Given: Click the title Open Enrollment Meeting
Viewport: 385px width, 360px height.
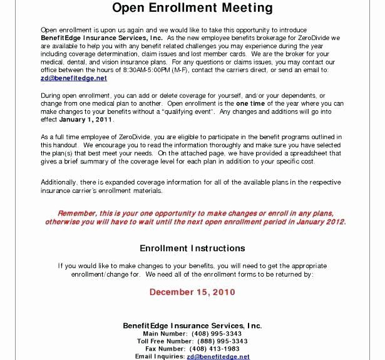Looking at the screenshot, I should (x=192, y=8).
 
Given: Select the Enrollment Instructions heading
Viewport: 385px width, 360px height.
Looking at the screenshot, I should (x=192, y=248).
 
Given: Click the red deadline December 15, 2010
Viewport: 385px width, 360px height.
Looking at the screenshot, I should (x=192, y=292).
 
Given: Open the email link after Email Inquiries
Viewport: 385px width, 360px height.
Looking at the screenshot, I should (x=218, y=356).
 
